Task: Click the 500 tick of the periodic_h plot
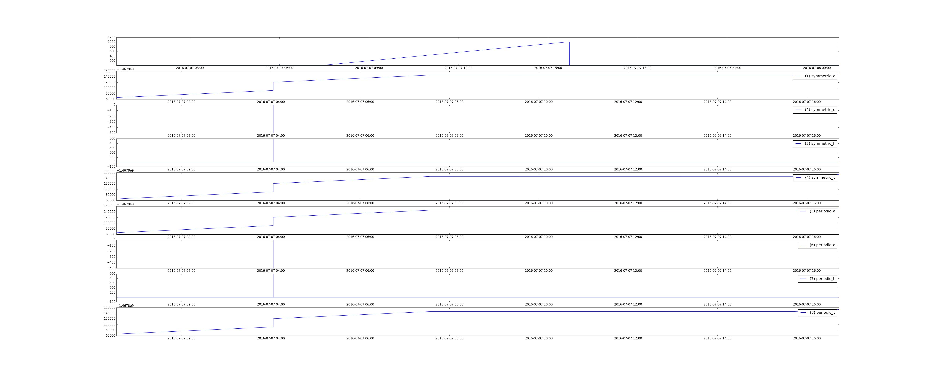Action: click(112, 274)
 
